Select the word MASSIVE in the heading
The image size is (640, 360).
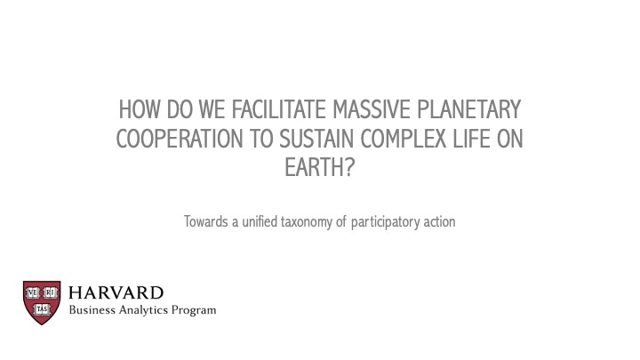(371, 109)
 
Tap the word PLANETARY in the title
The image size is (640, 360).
(469, 109)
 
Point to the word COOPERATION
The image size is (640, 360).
(180, 139)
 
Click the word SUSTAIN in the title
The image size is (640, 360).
(316, 139)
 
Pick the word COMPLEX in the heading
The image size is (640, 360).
(404, 139)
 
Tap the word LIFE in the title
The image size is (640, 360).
(471, 139)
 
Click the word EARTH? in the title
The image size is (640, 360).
(320, 168)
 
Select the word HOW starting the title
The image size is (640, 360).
(140, 109)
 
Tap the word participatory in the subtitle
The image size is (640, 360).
(385, 222)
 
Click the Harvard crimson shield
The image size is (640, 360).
(42, 302)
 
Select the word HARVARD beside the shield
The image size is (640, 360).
(116, 292)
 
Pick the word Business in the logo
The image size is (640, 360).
(92, 310)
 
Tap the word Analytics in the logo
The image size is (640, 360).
(143, 310)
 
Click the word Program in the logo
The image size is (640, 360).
(194, 310)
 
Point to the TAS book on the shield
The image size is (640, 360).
(42, 309)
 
